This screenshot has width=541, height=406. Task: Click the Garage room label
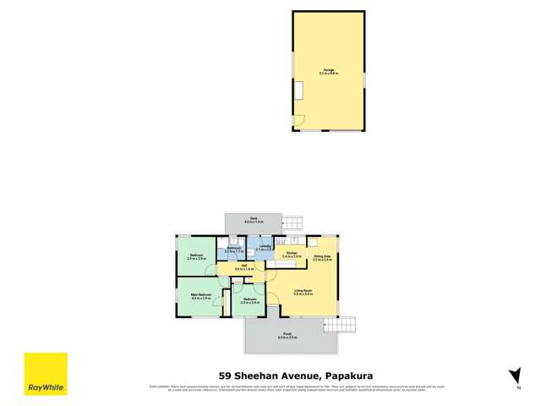[x=329, y=71]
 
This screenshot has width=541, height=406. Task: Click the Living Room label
[x=304, y=293]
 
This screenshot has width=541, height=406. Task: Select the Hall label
[x=243, y=267]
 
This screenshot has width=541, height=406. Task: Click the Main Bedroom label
[x=200, y=296]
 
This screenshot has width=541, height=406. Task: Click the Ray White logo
[x=45, y=374]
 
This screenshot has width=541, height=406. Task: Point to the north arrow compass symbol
[x=513, y=376]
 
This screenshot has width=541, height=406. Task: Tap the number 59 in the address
[x=226, y=375]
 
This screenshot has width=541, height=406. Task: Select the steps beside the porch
[x=339, y=325]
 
